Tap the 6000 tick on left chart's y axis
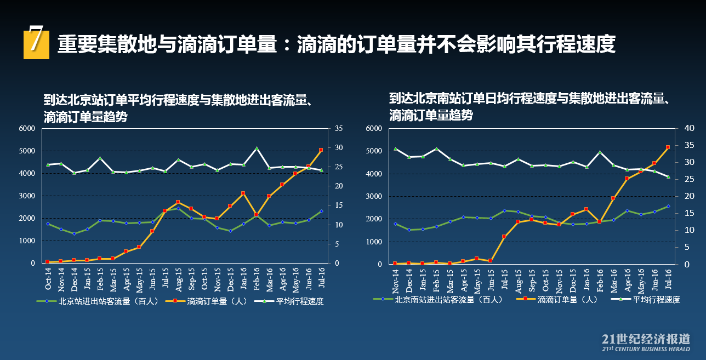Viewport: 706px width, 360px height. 27,128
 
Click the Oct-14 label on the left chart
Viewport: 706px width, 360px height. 48,280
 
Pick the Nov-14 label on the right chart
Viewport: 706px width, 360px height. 395,280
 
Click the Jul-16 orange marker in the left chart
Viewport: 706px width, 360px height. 321,150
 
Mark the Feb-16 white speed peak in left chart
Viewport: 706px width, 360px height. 256,148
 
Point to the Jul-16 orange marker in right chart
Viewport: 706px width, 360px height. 668,147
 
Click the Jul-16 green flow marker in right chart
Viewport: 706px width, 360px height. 668,207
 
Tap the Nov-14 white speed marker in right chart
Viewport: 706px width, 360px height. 395,148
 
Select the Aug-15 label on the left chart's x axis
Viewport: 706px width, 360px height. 178,280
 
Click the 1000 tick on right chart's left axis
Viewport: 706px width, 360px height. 374,242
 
